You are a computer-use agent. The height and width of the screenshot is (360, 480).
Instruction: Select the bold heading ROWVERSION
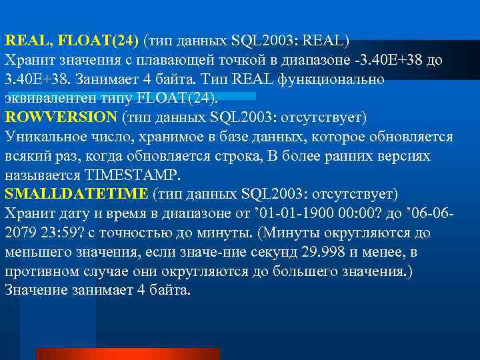pyautogui.click(x=61, y=118)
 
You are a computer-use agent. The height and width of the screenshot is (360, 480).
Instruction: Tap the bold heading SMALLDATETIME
pyautogui.click(x=76, y=195)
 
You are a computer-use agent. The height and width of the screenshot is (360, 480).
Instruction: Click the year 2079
pyautogui.click(x=20, y=233)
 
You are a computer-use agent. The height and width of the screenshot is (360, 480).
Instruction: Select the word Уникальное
pyautogui.click(x=45, y=137)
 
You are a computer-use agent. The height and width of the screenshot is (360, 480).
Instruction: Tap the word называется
pyautogui.click(x=43, y=175)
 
